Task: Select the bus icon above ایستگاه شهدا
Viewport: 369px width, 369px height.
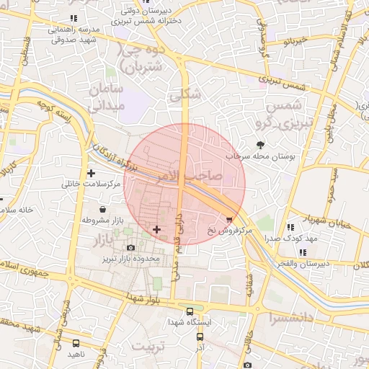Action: coord(190,312)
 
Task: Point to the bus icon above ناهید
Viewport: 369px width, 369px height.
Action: coord(76,343)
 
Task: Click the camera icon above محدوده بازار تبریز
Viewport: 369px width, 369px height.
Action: coord(131,248)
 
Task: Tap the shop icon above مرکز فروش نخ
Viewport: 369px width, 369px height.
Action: coord(230,219)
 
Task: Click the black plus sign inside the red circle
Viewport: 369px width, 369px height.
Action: coord(157,229)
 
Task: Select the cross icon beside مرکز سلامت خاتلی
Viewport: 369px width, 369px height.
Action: coord(92,173)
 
